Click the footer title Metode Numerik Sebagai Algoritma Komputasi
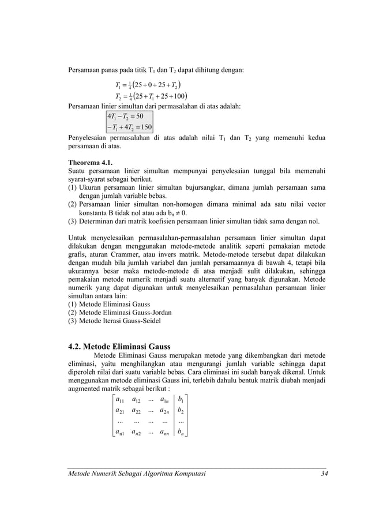click(137, 474)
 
